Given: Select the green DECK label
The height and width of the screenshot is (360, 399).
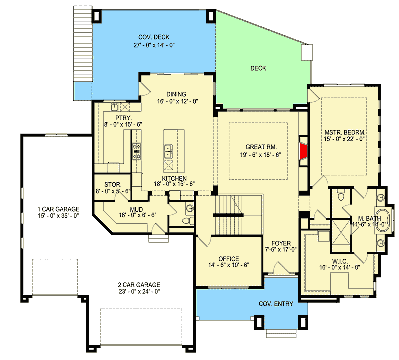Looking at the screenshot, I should click(258, 68).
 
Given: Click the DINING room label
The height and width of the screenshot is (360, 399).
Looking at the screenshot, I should click(177, 94).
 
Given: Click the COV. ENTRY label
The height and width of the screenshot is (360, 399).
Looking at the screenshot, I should click(275, 304).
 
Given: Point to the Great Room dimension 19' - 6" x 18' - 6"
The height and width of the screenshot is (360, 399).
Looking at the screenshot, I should click(261, 155).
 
